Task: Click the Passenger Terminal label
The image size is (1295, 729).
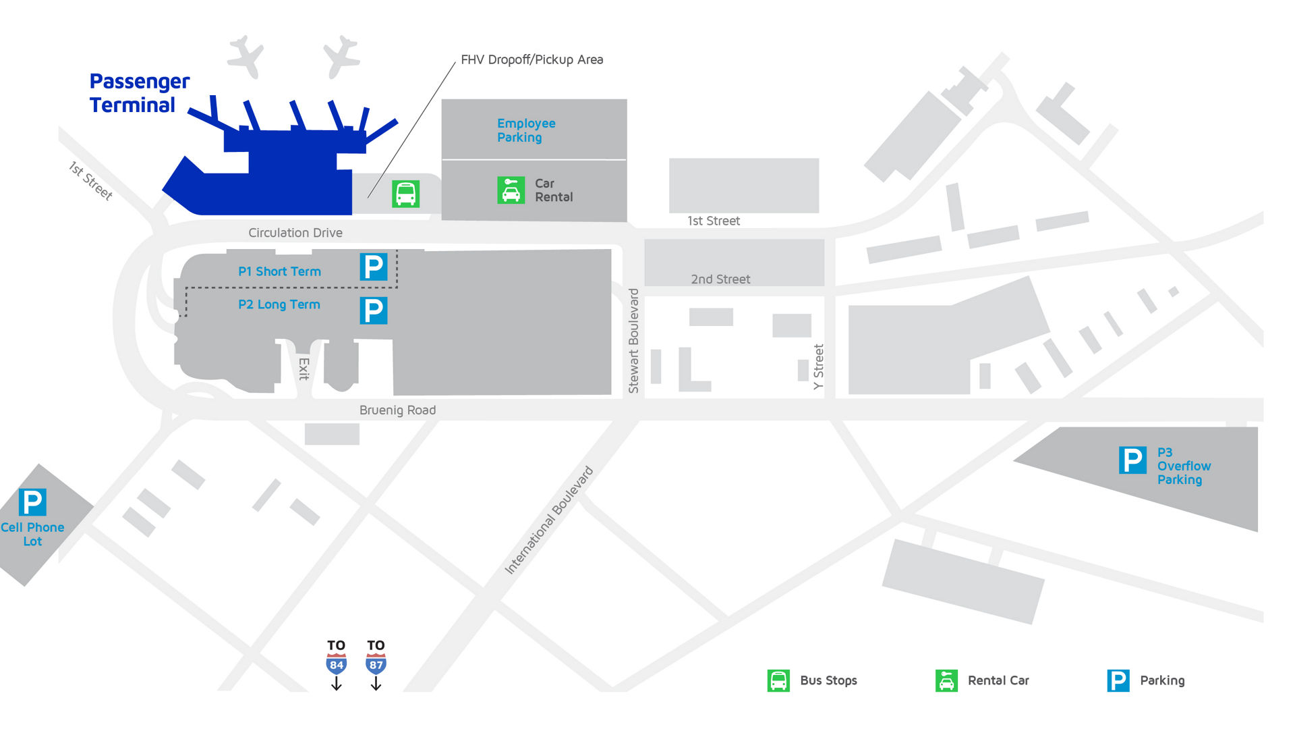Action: [140, 93]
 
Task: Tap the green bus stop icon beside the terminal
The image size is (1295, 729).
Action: [406, 194]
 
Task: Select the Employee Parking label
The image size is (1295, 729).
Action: [526, 130]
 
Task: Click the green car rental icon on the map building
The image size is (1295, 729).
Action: [511, 190]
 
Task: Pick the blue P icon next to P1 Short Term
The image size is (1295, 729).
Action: [374, 267]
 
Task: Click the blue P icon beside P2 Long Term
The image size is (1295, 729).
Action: [374, 310]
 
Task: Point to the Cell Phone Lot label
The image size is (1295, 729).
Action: [32, 534]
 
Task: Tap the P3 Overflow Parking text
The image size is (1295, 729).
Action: [1184, 466]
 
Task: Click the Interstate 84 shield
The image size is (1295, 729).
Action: [337, 664]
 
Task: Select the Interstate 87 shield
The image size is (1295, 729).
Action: [376, 664]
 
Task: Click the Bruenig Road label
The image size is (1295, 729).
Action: [397, 410]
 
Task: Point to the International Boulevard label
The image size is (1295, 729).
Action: [549, 520]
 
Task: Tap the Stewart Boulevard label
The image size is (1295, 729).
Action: [633, 341]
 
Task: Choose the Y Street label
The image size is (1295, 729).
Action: [818, 367]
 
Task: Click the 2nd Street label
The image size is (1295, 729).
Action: [720, 279]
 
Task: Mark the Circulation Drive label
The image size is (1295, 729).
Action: [295, 233]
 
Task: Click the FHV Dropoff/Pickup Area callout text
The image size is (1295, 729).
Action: [532, 59]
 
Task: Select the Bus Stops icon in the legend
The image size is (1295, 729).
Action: [778, 680]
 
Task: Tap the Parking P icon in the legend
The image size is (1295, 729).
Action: [1118, 680]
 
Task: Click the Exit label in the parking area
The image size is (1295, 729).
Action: [304, 369]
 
